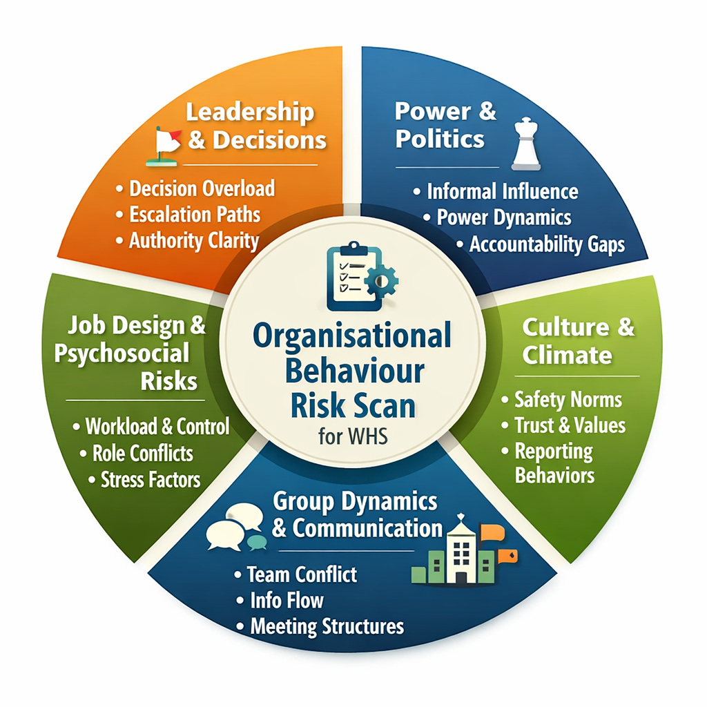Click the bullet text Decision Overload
[202, 188]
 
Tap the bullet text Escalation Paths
[195, 214]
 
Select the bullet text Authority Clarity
[194, 240]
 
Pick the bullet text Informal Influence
[502, 191]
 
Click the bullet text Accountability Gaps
[547, 244]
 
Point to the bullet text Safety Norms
[568, 399]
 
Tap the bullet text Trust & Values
[570, 425]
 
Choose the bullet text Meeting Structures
[327, 626]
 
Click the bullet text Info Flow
[287, 601]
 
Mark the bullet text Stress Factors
[150, 479]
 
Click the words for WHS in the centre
[351, 438]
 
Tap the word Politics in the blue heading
[440, 139]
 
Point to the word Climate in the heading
[567, 355]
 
